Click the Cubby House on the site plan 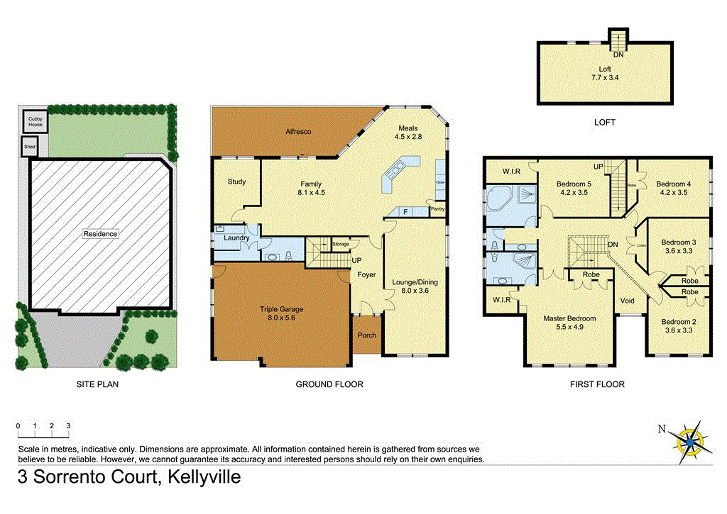[x=35, y=122]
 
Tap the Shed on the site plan [x=30, y=147]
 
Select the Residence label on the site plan [x=99, y=233]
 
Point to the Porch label [x=366, y=335]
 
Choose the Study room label [x=236, y=182]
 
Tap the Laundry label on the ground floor [x=236, y=238]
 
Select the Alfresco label [x=299, y=132]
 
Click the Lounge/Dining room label [x=415, y=286]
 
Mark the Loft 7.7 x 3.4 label [x=605, y=73]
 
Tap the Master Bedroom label [x=569, y=323]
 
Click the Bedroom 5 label [x=575, y=187]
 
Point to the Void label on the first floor [x=627, y=301]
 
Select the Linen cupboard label [x=641, y=245]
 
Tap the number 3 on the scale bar [x=68, y=425]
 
